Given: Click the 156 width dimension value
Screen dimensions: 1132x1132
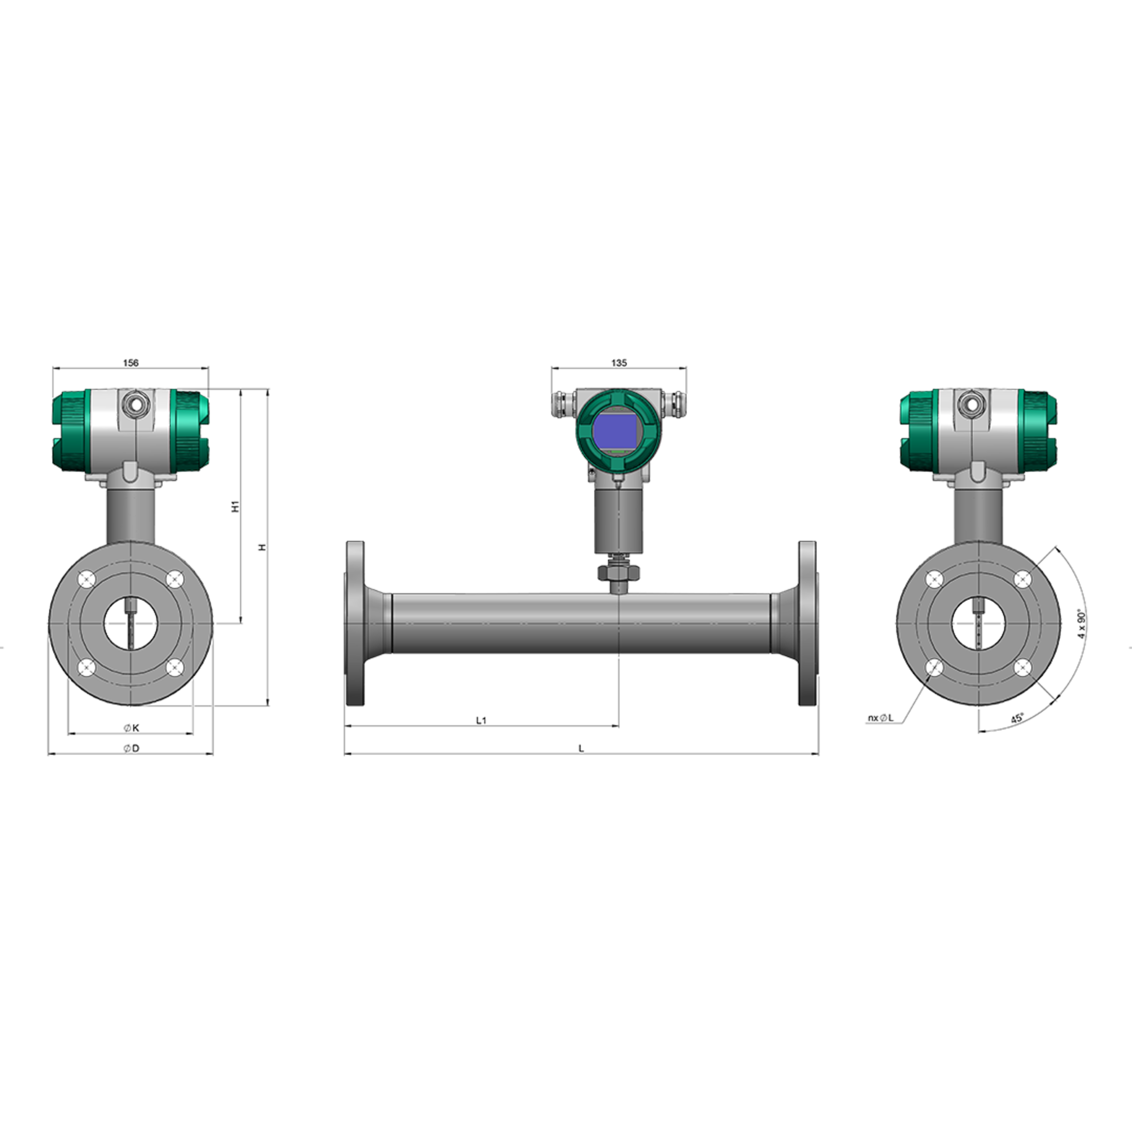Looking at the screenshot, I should click(130, 363).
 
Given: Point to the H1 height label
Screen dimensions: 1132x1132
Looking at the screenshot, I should click(235, 507).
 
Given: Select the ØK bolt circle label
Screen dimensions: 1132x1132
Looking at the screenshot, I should click(131, 728).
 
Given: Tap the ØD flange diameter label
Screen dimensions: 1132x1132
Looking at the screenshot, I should click(131, 748).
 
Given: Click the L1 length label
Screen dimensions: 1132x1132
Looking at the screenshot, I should click(481, 720).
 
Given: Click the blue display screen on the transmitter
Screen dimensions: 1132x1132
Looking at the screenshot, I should click(615, 431).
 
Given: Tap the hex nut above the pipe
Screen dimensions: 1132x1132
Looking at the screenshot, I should click(619, 572).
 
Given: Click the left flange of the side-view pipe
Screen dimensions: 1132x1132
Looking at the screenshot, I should click(355, 623).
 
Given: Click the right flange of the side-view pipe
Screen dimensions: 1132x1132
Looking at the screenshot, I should click(807, 623).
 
